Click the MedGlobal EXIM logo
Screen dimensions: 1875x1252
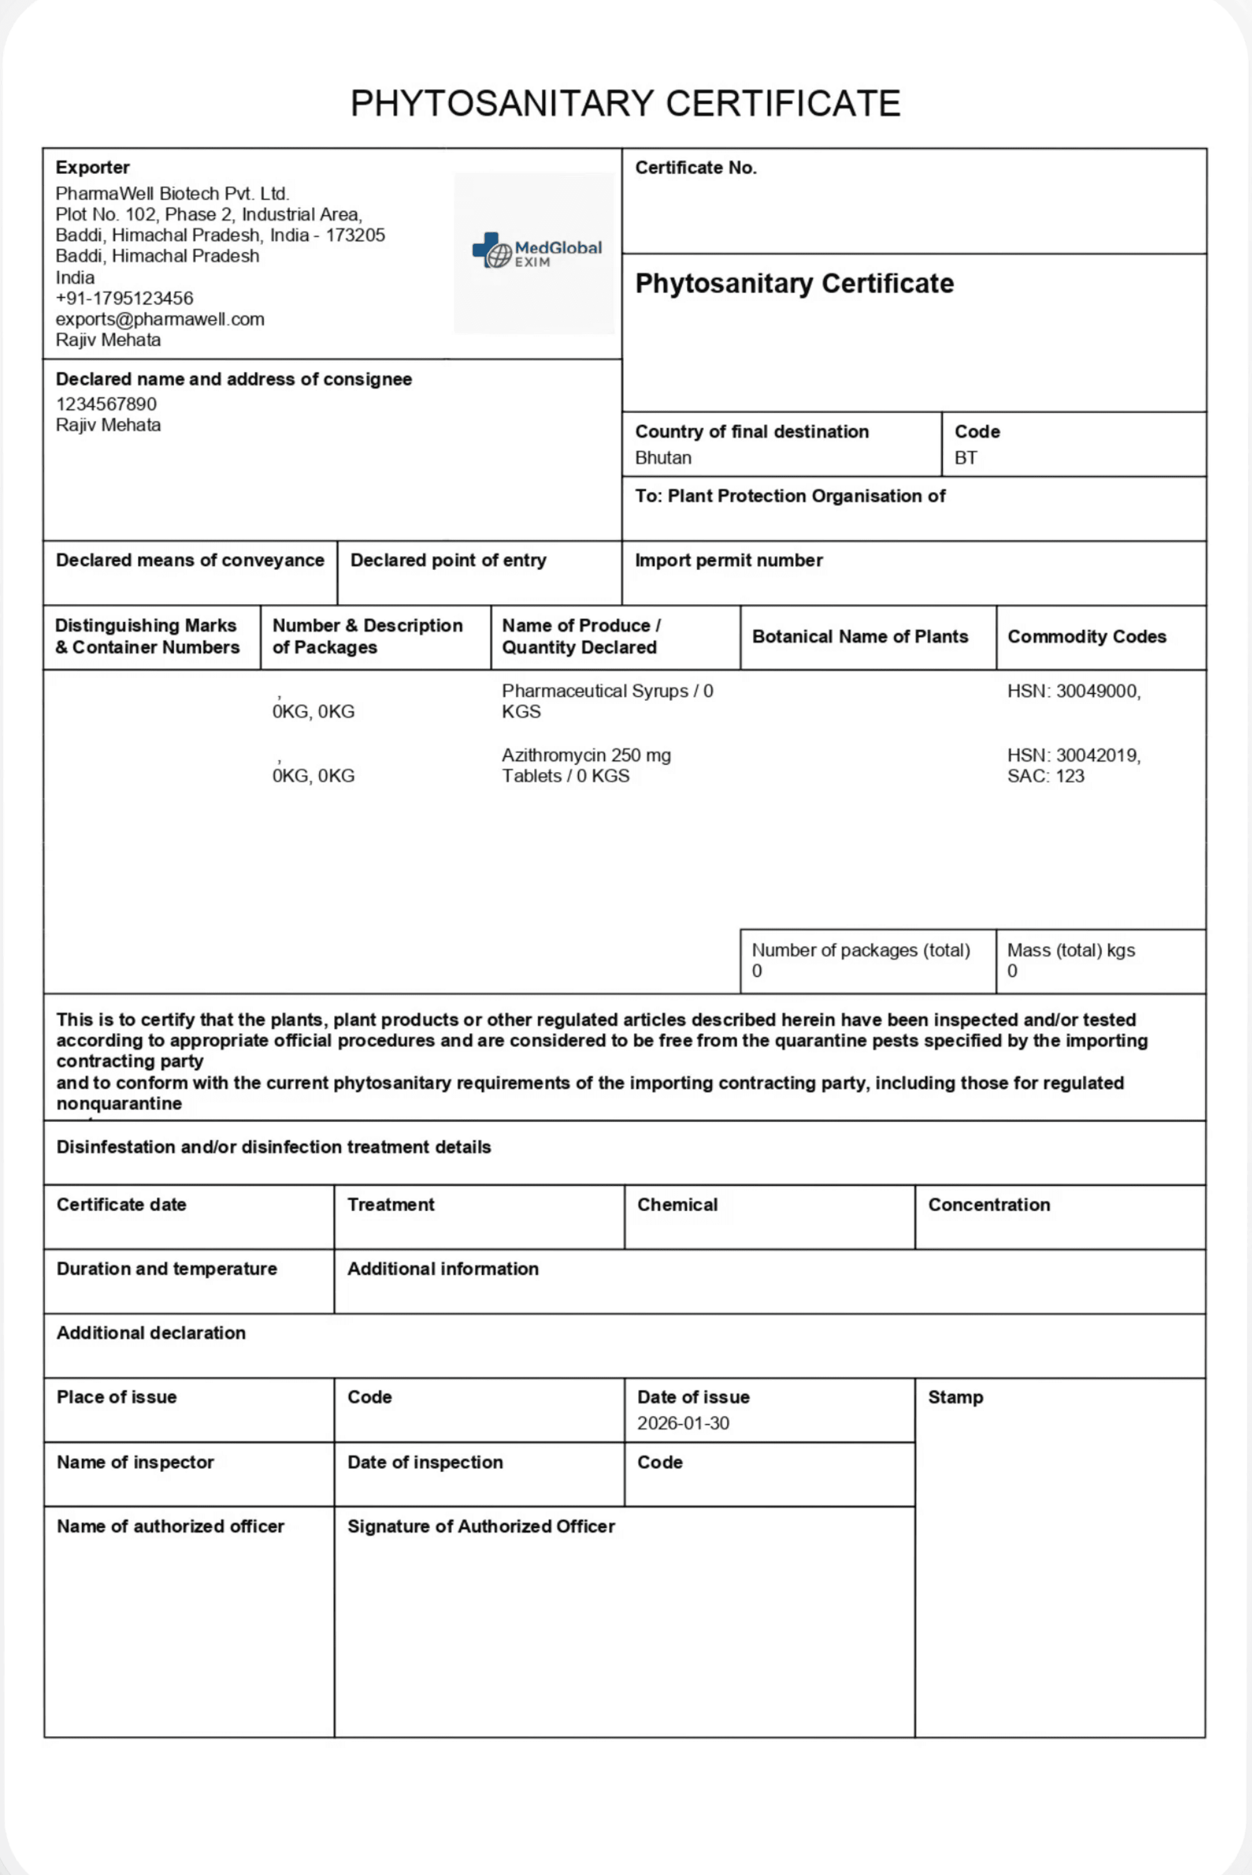click(537, 251)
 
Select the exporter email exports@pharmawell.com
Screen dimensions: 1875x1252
click(160, 320)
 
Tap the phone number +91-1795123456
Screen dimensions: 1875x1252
click(125, 298)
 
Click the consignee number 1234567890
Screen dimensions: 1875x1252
click(106, 404)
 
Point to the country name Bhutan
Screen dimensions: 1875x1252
click(663, 458)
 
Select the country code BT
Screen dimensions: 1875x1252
click(965, 458)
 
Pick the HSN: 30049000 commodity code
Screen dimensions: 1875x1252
click(1073, 691)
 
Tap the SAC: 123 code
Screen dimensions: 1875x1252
click(1045, 776)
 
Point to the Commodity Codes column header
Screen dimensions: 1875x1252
click(1086, 637)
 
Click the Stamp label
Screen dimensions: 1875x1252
click(955, 1397)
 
